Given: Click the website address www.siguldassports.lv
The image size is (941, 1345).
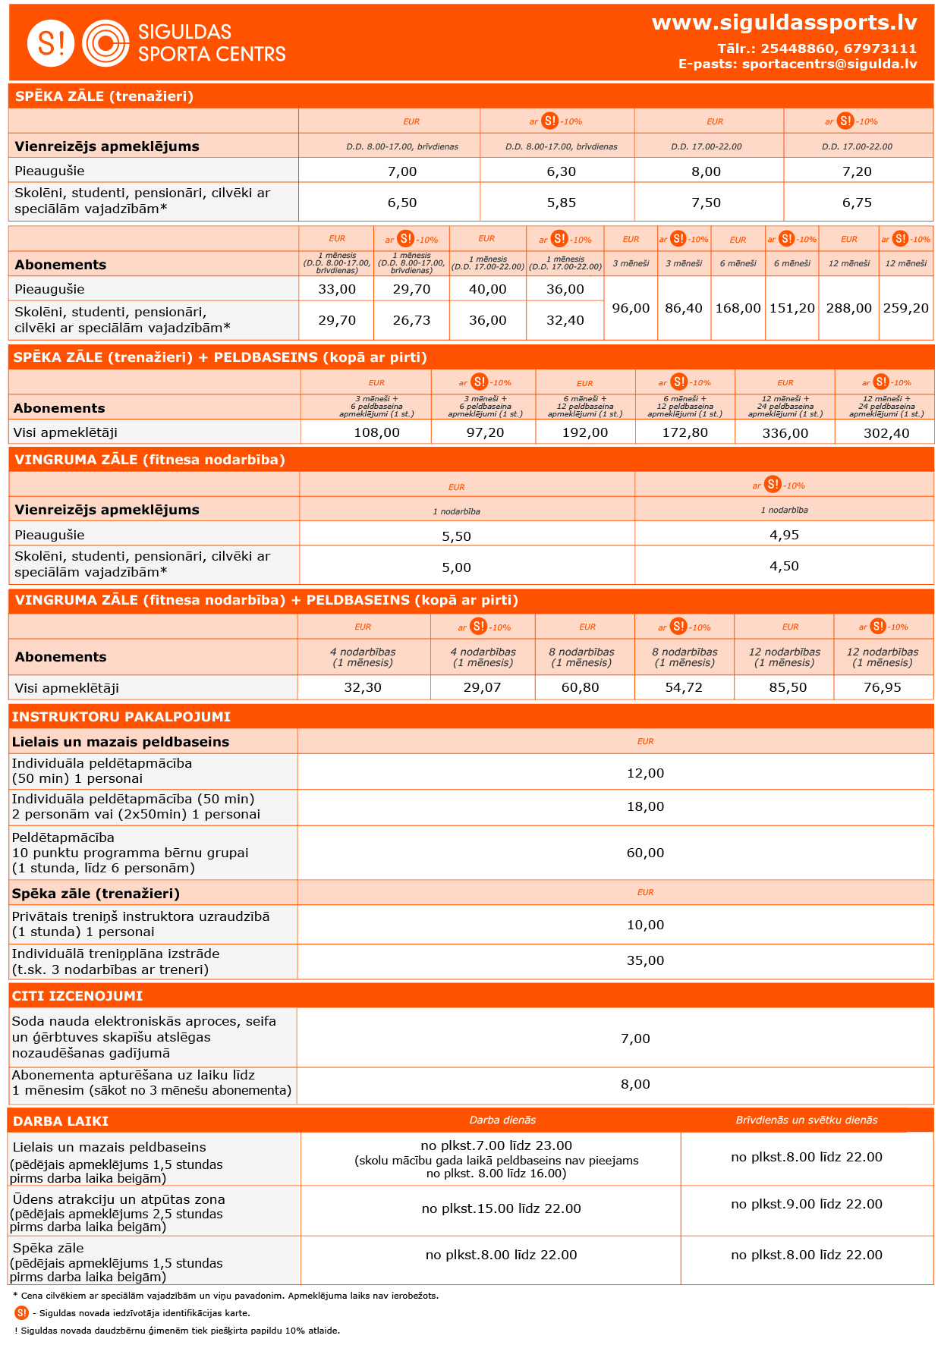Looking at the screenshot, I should [x=784, y=23].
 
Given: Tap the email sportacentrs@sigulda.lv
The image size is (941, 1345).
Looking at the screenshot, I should [x=829, y=64].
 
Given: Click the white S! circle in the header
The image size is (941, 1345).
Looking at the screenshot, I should [x=51, y=43].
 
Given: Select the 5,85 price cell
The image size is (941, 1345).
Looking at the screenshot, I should [x=562, y=203].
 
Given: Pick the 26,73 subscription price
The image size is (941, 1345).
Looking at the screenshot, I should [x=411, y=320].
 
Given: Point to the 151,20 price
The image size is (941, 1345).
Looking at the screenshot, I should [x=792, y=308].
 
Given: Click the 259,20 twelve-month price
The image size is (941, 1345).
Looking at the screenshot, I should [x=905, y=308].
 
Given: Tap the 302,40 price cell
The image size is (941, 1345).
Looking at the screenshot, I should [x=886, y=433].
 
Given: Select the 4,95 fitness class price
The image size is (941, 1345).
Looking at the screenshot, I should [x=784, y=535].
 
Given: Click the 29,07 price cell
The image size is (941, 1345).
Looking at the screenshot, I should [x=482, y=687].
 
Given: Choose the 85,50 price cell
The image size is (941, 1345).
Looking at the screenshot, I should [x=788, y=687].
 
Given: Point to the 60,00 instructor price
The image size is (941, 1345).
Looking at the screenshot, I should [x=645, y=853].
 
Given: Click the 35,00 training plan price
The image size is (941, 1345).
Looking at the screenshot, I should [x=645, y=960].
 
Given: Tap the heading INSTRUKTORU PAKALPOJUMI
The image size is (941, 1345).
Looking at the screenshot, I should [x=121, y=717].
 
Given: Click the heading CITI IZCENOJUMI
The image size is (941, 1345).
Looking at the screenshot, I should [x=77, y=996].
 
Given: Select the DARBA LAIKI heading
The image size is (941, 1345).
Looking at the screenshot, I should [x=61, y=1121].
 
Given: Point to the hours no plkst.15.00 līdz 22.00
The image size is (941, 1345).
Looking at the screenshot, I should [x=501, y=1208].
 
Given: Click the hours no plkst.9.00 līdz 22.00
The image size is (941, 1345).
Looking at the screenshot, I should [x=807, y=1204].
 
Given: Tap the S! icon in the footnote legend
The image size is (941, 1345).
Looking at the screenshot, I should [x=21, y=1312].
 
